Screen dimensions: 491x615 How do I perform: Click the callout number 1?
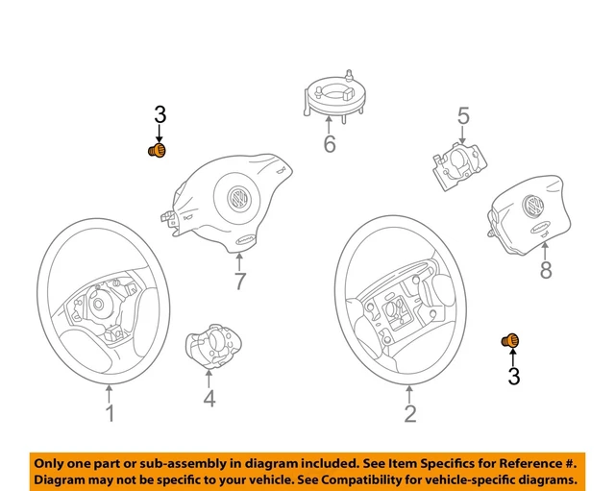(x=110, y=414)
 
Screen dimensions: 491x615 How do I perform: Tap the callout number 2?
(x=410, y=415)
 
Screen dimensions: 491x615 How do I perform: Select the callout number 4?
(x=209, y=398)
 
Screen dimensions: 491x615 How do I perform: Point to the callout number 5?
(x=463, y=116)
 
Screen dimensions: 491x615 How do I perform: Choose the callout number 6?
(x=329, y=145)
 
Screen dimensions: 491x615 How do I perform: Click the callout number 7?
(x=239, y=282)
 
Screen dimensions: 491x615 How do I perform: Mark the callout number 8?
(x=546, y=271)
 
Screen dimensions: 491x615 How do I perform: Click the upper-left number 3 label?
(x=160, y=114)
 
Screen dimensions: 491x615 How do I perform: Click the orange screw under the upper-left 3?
(x=156, y=151)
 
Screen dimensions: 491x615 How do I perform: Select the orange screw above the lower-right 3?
(x=512, y=341)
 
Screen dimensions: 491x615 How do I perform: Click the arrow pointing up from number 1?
(x=110, y=392)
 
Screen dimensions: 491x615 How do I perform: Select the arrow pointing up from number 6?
(x=329, y=123)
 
